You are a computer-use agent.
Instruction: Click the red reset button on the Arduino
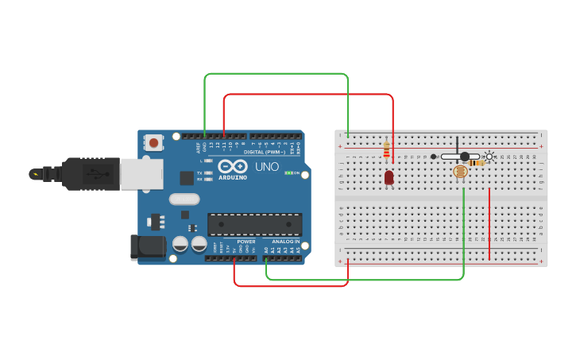(153, 143)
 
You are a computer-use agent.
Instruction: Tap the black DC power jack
(148, 246)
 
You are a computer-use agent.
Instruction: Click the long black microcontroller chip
(254, 224)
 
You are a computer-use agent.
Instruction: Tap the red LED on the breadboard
(389, 177)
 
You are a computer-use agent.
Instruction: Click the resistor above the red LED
(387, 149)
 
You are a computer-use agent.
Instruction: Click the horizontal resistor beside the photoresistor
(476, 163)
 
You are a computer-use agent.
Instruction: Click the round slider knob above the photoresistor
(465, 157)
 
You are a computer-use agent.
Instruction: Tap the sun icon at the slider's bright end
(489, 157)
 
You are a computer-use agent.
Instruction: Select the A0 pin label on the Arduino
(266, 250)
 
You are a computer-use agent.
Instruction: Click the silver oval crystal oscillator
(183, 199)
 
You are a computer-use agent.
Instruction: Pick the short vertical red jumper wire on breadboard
(489, 224)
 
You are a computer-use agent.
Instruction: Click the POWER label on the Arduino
(245, 242)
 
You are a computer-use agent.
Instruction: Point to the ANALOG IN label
(285, 242)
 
